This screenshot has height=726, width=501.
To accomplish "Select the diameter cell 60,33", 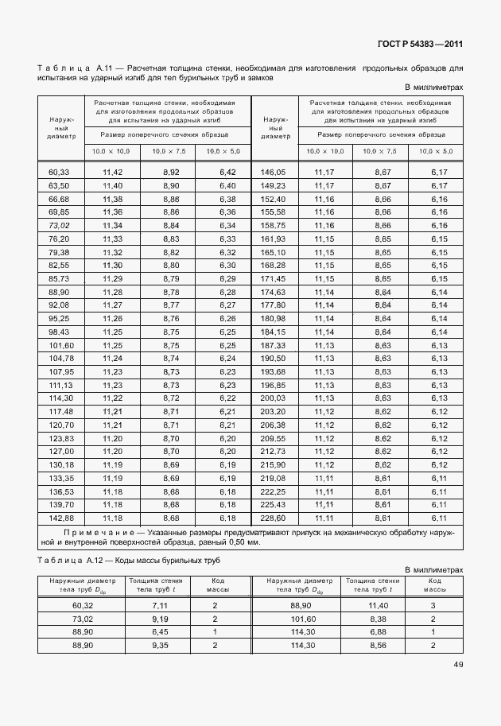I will (x=60, y=172).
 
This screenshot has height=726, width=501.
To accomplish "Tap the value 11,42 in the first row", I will (x=112, y=172).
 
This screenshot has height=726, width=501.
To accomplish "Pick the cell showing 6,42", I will (x=227, y=172).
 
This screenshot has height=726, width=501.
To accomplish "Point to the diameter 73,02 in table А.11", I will (x=60, y=225).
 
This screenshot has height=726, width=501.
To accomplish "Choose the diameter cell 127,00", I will (x=60, y=451).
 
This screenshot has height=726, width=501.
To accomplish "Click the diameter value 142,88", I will (x=60, y=518).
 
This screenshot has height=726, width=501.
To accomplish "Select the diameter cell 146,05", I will (x=272, y=172).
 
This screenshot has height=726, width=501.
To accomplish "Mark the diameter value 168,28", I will (x=272, y=265).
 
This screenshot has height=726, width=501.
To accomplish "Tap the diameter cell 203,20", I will (x=272, y=411).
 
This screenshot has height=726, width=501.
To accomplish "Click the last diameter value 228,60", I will (x=272, y=518).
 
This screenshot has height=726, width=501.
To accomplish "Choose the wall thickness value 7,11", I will (x=159, y=605).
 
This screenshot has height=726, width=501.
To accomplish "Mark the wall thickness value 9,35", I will (x=159, y=645).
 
